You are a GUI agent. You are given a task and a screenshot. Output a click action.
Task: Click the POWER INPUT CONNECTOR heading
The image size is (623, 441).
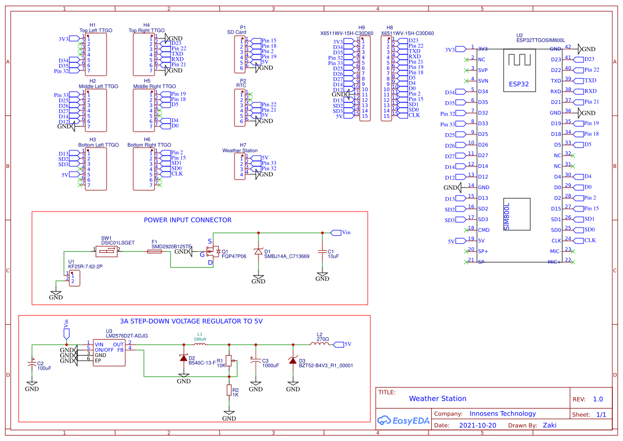click(188, 220)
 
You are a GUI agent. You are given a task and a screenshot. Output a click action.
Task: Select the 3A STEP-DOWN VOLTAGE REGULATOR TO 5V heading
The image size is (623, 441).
click(191, 321)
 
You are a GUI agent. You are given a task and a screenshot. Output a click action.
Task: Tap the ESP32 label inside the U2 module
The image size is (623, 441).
click(519, 84)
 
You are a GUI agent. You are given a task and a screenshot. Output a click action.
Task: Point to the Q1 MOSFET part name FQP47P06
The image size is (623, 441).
click(234, 256)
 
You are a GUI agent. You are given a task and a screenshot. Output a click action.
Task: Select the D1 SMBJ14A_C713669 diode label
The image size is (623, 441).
click(286, 256)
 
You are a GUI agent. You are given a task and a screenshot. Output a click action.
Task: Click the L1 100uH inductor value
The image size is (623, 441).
click(200, 339)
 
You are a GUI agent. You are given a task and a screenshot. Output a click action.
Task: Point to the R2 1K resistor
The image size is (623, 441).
click(229, 390)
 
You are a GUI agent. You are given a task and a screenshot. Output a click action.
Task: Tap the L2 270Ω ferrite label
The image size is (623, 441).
click(322, 339)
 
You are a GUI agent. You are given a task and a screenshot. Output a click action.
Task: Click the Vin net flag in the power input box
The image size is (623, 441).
click(337, 233)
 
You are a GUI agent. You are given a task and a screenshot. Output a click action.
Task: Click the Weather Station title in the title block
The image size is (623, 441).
click(438, 398)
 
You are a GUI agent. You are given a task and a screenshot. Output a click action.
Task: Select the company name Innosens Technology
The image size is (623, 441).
click(503, 413)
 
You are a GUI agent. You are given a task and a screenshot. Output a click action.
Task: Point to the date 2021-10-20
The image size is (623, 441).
click(477, 426)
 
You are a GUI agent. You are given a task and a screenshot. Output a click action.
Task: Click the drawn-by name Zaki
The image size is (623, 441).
click(550, 426)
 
